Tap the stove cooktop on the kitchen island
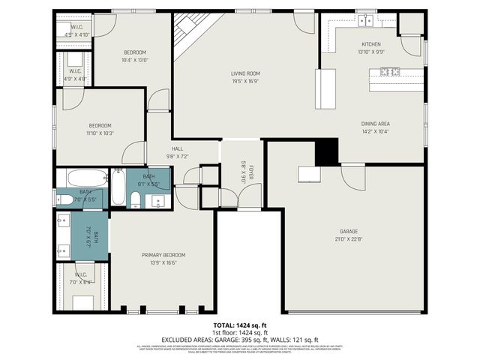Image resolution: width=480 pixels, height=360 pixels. point(389,72)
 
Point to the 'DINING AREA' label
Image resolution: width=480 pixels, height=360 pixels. point(375,124)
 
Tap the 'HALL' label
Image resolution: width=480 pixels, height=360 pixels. point(177,148)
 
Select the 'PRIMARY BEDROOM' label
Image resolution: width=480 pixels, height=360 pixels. point(163,255)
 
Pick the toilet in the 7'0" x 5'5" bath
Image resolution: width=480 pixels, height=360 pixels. point(66,199)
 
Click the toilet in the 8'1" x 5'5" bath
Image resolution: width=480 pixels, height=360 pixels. point(135,199)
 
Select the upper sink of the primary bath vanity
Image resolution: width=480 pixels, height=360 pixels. point(62,221)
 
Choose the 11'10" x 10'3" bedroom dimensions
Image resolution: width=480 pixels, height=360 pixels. point(100,133)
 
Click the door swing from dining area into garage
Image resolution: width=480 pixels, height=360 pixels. point(352,176)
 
